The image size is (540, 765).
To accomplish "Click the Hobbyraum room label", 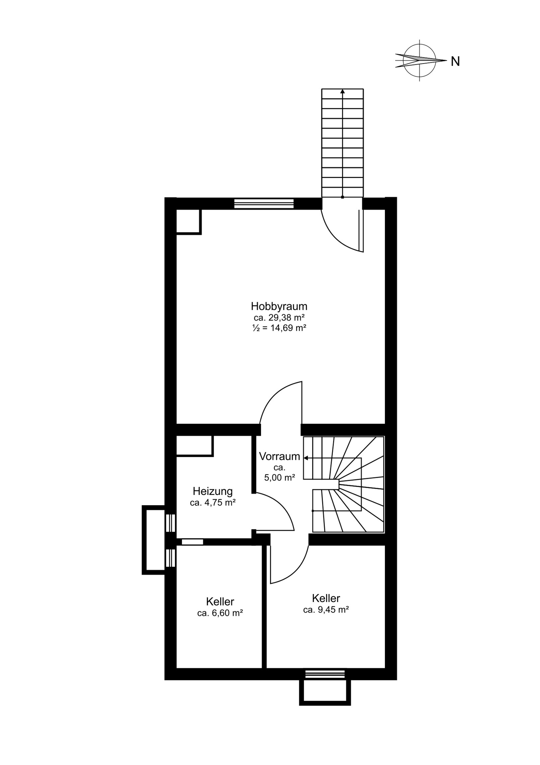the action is (279, 306).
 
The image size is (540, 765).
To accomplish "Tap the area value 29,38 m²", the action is (279, 317).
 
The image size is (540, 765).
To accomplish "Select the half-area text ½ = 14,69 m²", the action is (279, 328).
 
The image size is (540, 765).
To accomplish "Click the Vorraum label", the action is (279, 456).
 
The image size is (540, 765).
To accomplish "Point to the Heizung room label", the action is (212, 491).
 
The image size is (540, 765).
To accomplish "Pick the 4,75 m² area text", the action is (212, 503).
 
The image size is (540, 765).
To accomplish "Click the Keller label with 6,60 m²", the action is (220, 601).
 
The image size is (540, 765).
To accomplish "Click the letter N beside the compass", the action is (455, 61).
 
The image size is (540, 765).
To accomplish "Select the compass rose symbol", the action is (420, 60).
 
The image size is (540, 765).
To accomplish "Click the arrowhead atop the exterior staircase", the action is (342, 91).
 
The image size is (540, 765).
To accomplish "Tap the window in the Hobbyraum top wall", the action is (264, 203).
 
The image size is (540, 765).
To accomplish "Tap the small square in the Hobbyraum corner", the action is (188, 222).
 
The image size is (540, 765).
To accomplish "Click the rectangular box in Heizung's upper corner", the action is (195, 446).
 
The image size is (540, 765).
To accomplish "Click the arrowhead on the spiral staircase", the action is (306, 458).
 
